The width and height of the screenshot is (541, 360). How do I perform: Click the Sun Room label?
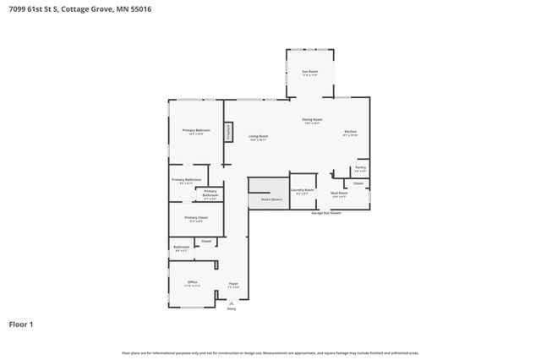click(310, 73)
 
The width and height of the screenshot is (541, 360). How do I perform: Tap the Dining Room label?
click(312, 120)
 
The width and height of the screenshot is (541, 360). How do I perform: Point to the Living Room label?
click(258, 137)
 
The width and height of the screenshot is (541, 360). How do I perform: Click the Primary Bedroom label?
click(196, 131)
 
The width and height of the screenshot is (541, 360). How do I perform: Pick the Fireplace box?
click(228, 132)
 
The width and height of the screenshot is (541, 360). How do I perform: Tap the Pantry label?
click(360, 168)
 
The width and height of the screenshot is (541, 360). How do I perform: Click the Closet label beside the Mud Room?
click(358, 183)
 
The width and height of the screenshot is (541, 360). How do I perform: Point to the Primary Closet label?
click(196, 218)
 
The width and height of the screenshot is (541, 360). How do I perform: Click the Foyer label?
click(233, 284)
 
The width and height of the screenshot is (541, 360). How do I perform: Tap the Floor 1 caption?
click(21, 324)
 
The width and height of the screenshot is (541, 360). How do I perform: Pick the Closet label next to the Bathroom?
click(206, 242)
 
